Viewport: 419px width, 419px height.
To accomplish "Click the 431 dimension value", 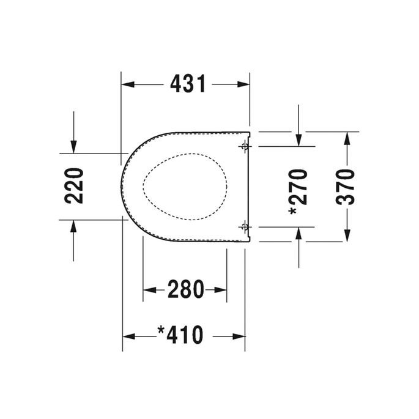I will pos(187,84).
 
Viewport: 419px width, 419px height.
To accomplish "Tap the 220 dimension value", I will pos(73,186).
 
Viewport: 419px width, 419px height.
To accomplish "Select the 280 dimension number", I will pos(185,289).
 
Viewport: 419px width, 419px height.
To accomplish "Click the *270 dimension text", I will pos(298,191).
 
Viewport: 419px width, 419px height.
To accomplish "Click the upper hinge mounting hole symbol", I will pos(245,146).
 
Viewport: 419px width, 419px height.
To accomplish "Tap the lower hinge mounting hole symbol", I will pos(245,226).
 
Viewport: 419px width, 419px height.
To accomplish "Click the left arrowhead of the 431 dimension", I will pos(127,84).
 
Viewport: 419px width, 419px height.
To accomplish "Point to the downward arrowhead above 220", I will pos(73,147).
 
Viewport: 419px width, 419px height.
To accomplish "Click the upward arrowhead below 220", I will pos(73,225).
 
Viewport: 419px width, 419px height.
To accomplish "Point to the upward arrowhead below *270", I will pos(298,231).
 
